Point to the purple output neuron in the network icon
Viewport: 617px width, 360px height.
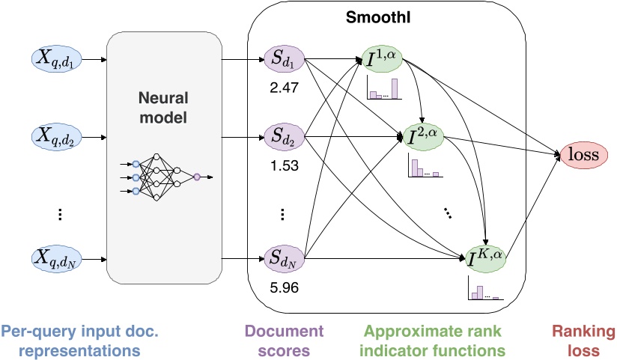coord(196,177)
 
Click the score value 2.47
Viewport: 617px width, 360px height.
coord(284,88)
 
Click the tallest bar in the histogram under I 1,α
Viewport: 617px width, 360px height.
coord(395,88)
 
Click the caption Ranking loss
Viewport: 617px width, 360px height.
coord(583,341)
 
